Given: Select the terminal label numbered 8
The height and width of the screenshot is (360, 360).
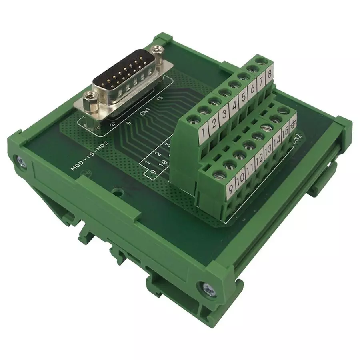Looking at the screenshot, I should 270,74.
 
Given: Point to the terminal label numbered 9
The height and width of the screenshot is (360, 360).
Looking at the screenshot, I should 230,187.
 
